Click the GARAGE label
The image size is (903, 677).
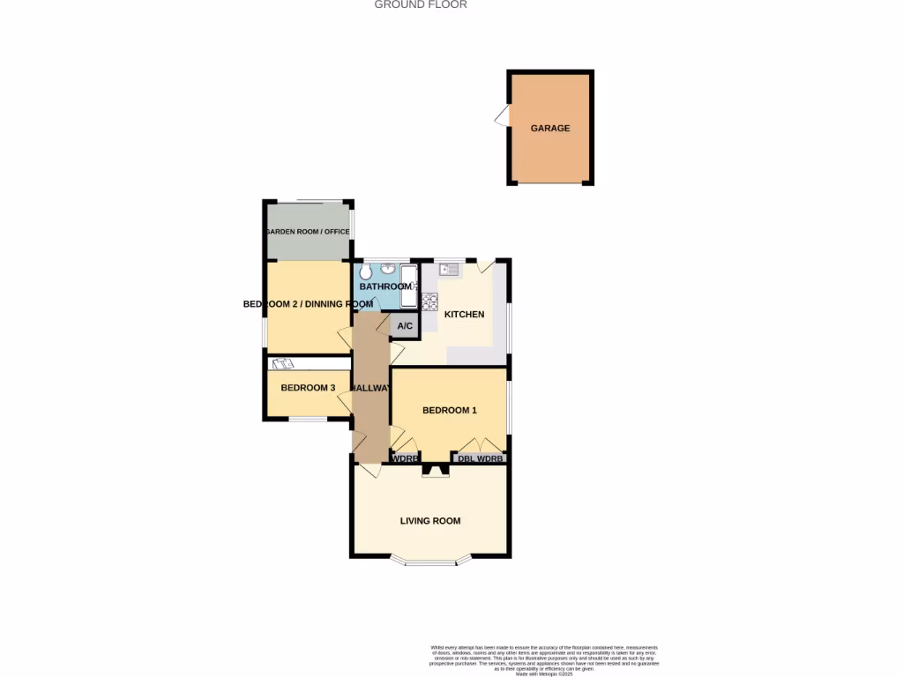point(549,128)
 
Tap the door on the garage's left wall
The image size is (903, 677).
point(502,116)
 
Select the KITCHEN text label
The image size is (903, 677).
point(464,315)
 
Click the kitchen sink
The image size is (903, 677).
point(447,270)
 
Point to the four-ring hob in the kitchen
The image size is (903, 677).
point(430,301)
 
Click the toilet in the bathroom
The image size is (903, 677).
point(365,272)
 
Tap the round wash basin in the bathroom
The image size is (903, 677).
point(387,270)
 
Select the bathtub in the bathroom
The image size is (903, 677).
point(408,285)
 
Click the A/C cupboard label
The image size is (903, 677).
point(405,326)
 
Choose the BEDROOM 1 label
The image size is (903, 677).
point(449,410)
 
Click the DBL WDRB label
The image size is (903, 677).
point(481,458)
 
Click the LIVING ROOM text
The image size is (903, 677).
point(430,521)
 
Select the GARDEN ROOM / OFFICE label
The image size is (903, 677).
point(308,232)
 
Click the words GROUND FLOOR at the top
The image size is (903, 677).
point(421,5)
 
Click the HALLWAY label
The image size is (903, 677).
point(370,388)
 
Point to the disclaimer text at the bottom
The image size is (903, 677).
point(544,659)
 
